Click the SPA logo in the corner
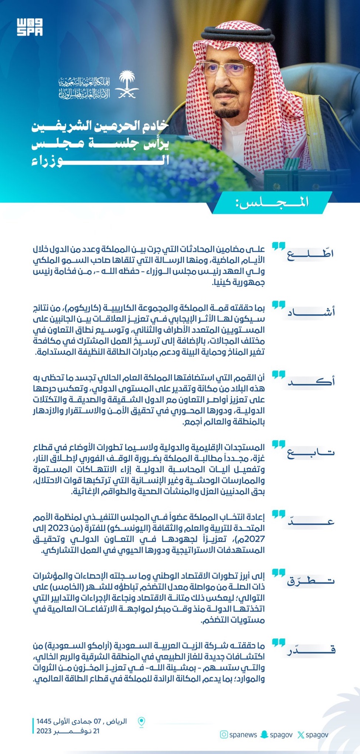click(x=30, y=27)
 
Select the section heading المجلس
click(x=273, y=203)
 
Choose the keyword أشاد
click(x=311, y=312)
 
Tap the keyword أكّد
click(x=311, y=382)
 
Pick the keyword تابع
click(x=311, y=452)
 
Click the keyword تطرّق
click(x=311, y=581)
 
